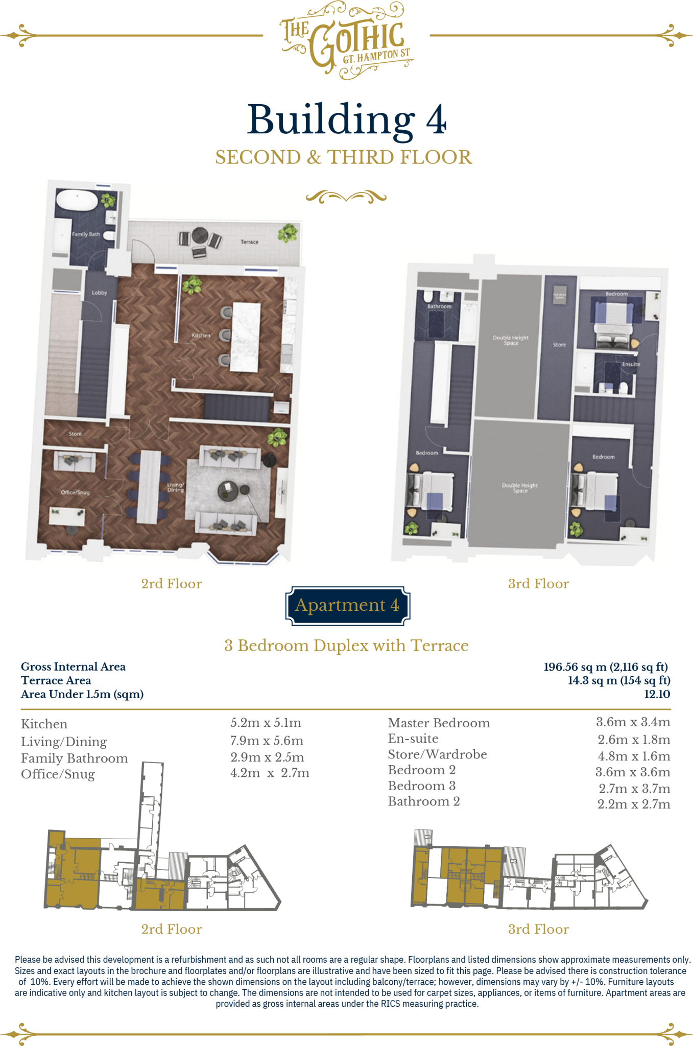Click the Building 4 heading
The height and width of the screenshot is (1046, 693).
click(x=346, y=120)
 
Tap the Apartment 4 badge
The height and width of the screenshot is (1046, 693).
click(x=347, y=605)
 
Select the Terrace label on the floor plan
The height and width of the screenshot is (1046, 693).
click(x=249, y=242)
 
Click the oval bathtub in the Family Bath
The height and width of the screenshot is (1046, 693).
click(x=77, y=200)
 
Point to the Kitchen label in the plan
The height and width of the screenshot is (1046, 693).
click(x=201, y=336)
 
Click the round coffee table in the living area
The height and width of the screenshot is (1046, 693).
click(x=227, y=491)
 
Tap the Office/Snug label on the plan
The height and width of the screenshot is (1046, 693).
click(x=75, y=492)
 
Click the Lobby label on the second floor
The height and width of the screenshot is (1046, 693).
click(x=100, y=293)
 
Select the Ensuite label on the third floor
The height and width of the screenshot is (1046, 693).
click(x=631, y=364)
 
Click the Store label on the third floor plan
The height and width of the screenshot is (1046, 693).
click(x=559, y=345)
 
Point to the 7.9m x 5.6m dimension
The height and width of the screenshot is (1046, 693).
click(x=267, y=741)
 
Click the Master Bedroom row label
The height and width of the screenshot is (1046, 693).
click(x=439, y=723)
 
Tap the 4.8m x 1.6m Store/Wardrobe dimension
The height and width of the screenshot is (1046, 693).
click(x=633, y=756)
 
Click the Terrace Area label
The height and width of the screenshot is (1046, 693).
click(x=56, y=680)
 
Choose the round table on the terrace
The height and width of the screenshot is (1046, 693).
click(x=200, y=235)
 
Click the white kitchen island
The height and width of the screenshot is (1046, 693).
click(x=245, y=337)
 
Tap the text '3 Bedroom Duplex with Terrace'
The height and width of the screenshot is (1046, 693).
click(x=346, y=646)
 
